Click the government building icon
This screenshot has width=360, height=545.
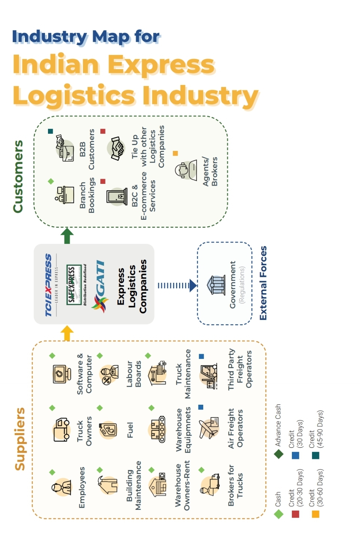(x=217, y=285)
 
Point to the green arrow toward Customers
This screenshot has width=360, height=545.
(x=67, y=236)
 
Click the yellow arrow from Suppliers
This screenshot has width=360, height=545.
(x=67, y=333)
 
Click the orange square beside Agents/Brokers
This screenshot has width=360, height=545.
(x=175, y=153)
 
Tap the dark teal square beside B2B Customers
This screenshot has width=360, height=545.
(x=51, y=131)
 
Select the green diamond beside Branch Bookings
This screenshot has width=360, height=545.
(x=51, y=181)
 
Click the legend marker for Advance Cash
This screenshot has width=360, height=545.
(x=279, y=455)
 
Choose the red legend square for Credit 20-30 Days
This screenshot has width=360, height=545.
(x=296, y=514)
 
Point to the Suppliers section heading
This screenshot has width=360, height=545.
(x=20, y=439)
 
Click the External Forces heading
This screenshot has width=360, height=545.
(x=263, y=283)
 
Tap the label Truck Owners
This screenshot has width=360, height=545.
(x=84, y=431)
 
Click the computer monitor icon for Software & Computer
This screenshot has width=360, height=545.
(x=61, y=374)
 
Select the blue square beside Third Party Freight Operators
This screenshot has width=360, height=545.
(x=201, y=356)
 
